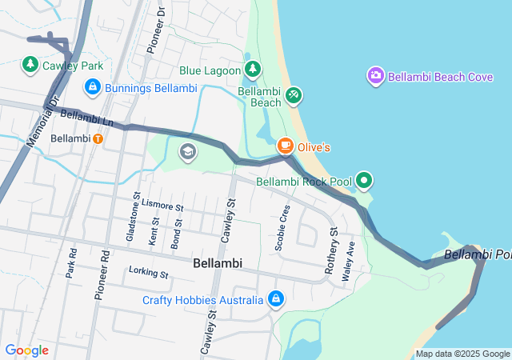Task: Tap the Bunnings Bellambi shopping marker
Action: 93,86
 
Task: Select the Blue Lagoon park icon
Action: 253,70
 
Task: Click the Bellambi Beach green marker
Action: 294,95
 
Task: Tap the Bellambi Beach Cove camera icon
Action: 375,76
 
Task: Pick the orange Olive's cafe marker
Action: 285,146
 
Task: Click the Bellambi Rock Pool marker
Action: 364,181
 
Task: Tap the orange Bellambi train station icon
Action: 97,138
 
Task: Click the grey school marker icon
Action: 188,152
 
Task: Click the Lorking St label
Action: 149,274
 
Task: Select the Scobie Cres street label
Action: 282,228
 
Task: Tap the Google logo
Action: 26,350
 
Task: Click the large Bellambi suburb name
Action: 218,263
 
